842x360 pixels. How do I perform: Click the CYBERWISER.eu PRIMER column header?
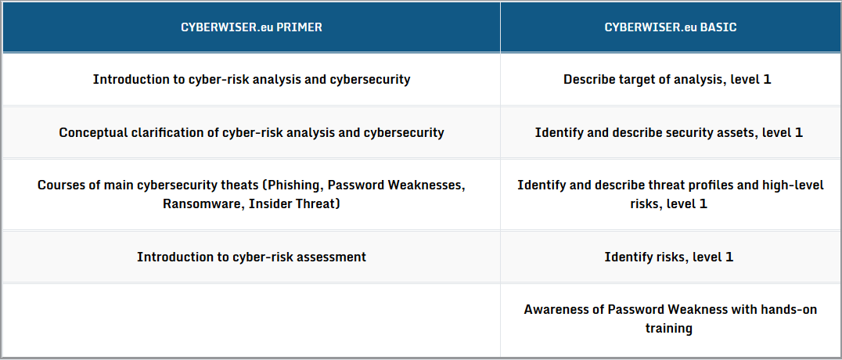point(251,27)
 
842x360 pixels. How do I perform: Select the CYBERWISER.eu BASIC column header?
point(671,27)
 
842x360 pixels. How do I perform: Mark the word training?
point(668,328)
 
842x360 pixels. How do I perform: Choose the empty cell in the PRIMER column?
point(251,320)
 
